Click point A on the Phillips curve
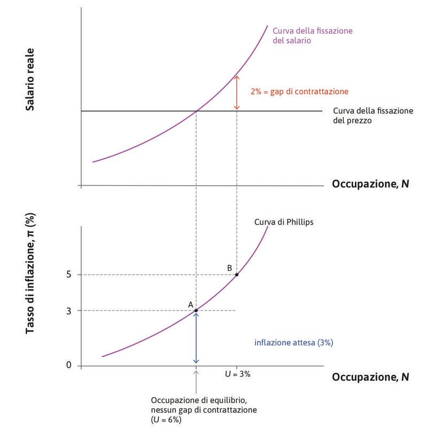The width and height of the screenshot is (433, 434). pyautogui.click(x=196, y=311)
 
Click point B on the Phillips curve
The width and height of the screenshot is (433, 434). pyautogui.click(x=237, y=274)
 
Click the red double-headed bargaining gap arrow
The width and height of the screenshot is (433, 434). pyautogui.click(x=237, y=93)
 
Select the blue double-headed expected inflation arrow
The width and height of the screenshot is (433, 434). pyautogui.click(x=196, y=338)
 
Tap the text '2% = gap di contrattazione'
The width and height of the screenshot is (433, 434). pyautogui.click(x=299, y=91)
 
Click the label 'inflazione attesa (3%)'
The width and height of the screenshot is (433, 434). pyautogui.click(x=294, y=343)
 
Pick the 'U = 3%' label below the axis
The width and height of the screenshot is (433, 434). pyautogui.click(x=238, y=374)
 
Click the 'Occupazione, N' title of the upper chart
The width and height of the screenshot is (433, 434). pyautogui.click(x=370, y=185)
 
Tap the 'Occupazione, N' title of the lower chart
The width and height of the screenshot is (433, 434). pyautogui.click(x=370, y=377)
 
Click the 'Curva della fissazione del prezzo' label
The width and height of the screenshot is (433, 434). pyautogui.click(x=373, y=116)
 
